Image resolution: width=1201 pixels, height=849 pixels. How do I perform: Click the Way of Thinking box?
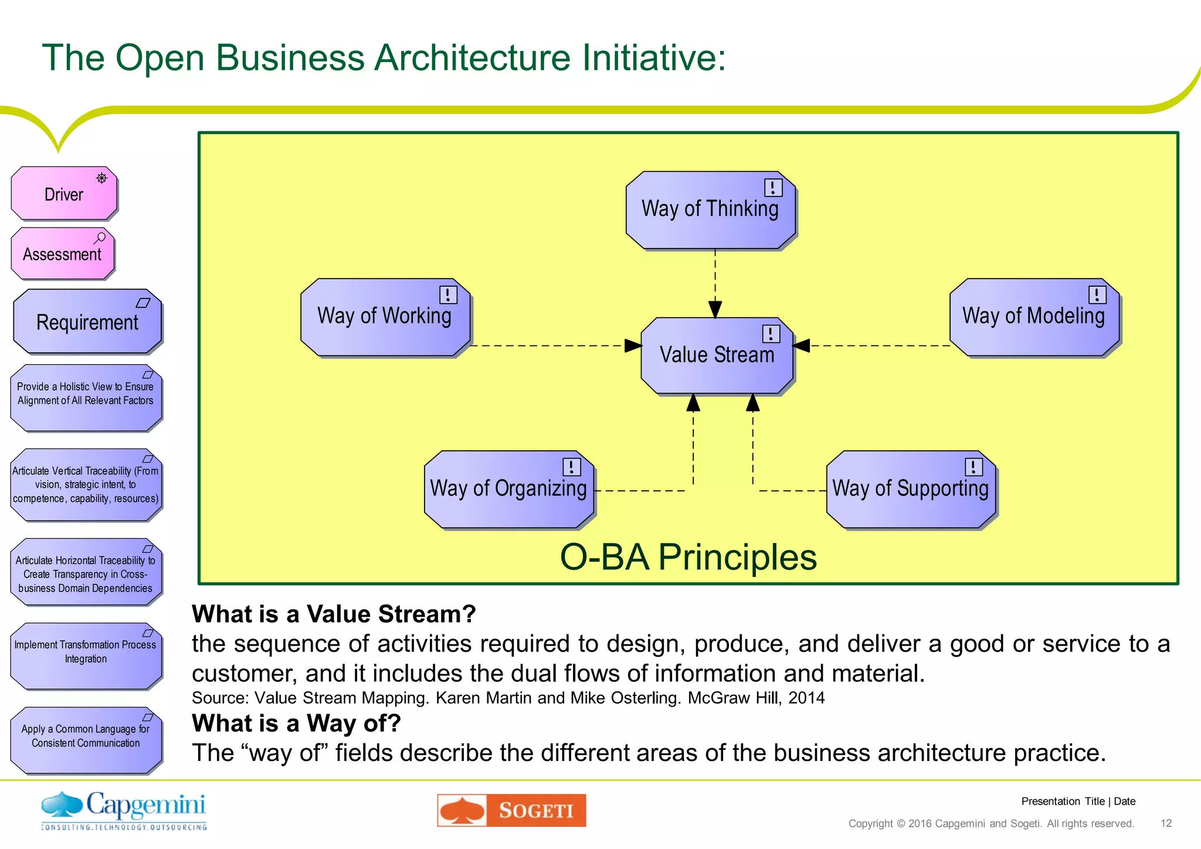click(710, 210)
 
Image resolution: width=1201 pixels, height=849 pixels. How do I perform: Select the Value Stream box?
click(717, 355)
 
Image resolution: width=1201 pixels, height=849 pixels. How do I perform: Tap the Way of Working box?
click(385, 317)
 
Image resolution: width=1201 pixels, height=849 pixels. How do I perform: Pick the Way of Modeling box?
click(1034, 317)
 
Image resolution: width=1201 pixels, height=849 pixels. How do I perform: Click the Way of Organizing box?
click(508, 489)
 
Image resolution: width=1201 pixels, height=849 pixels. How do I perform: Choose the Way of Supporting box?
click(911, 489)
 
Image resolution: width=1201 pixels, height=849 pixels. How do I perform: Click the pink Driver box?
click(64, 193)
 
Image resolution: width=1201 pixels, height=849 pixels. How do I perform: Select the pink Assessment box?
click(62, 254)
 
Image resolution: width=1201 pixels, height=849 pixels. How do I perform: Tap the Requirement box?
click(87, 322)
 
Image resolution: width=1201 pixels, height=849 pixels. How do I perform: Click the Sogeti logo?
click(511, 810)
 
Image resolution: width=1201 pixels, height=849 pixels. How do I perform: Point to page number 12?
click(1166, 823)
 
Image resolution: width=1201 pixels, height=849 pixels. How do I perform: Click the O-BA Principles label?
click(688, 556)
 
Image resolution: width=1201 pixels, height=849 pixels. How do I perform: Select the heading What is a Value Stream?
click(334, 614)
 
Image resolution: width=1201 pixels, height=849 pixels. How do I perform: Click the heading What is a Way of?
click(296, 723)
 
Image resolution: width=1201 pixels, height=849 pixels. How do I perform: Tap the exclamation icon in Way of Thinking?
click(773, 188)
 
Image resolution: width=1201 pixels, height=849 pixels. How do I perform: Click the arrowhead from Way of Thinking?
click(715, 309)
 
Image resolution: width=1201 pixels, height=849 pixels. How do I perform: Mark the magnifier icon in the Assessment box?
click(100, 238)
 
